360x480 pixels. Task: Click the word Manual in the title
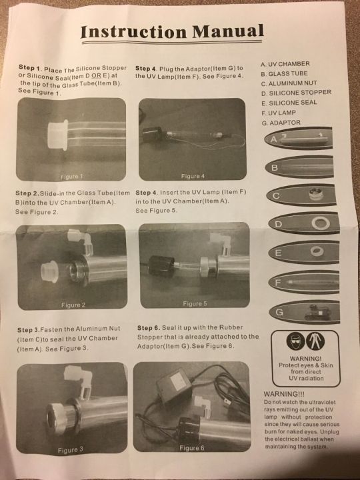[228, 31]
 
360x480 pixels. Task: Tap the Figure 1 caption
[71, 177]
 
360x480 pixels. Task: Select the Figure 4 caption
[193, 176]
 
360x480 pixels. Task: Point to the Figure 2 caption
[73, 305]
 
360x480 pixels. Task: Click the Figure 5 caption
[195, 304]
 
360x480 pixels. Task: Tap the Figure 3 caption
[70, 450]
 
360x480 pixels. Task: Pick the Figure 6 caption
[191, 448]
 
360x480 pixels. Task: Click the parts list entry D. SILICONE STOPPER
[296, 93]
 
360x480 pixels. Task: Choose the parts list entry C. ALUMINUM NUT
[289, 83]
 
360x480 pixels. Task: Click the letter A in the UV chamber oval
[274, 139]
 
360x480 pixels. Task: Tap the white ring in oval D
[321, 223]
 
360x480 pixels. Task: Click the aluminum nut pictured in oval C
[316, 194]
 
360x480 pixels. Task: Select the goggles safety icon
[295, 341]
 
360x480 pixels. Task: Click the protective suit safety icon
[315, 341]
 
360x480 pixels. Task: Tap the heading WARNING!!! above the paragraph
[284, 394]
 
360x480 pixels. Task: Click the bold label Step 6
[149, 328]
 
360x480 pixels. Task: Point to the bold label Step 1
[30, 67]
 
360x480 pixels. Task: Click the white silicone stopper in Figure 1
[58, 135]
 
